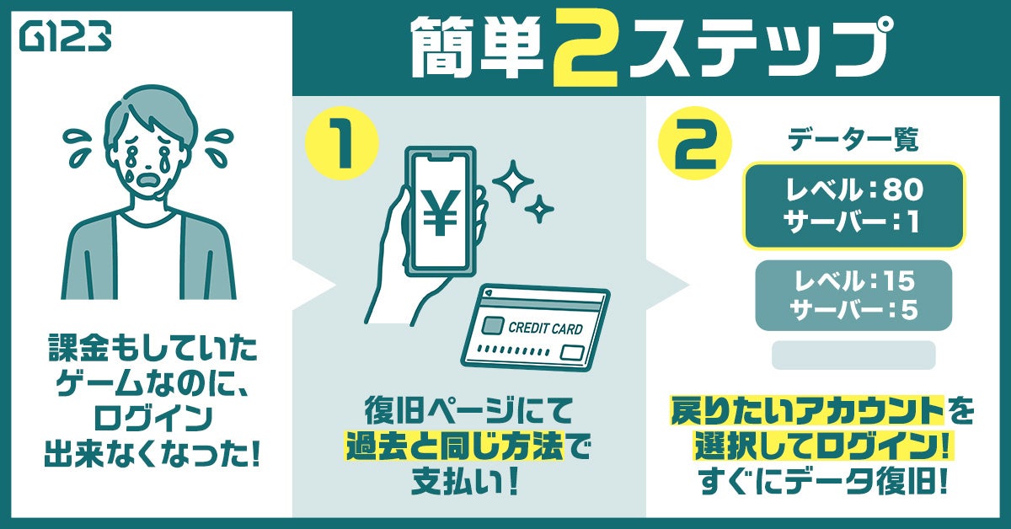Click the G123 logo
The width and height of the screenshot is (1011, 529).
point(66,37)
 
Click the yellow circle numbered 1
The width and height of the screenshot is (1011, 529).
point(343,143)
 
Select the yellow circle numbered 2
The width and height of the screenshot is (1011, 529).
point(695,143)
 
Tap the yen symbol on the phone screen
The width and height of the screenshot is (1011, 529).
point(440,212)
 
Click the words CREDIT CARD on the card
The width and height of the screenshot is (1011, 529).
point(545,329)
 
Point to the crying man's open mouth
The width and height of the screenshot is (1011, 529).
point(149,181)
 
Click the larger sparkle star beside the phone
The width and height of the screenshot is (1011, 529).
point(513,181)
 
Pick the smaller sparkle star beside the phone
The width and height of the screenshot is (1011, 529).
point(539,209)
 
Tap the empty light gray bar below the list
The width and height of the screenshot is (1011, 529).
point(853,355)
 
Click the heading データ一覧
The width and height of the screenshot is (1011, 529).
point(853,140)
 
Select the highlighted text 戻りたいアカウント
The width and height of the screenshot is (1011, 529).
point(807,411)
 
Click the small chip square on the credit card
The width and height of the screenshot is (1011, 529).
point(493,325)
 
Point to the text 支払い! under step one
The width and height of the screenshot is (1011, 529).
point(465,482)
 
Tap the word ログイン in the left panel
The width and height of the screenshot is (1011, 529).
point(153,418)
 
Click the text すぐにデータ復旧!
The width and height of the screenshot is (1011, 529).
point(822,482)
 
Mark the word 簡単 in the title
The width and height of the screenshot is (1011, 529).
point(477,49)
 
